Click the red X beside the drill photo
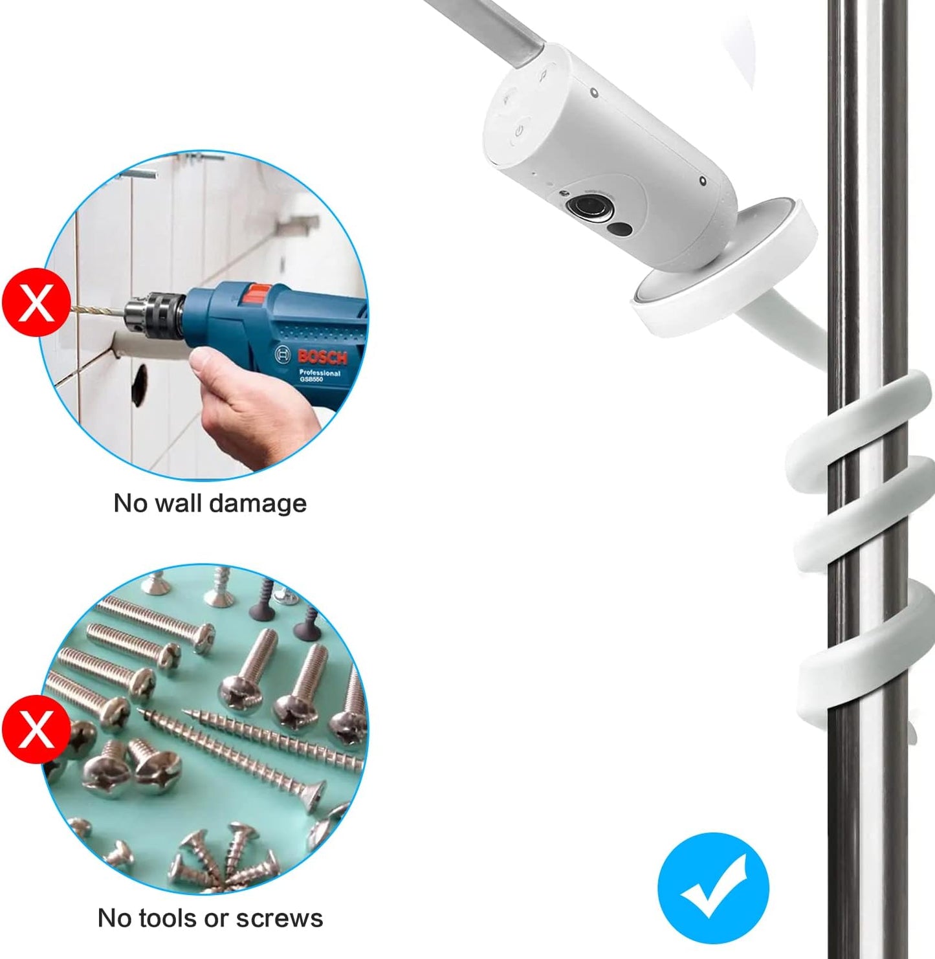[36, 302]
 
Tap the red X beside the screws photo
[36, 730]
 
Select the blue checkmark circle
[713, 888]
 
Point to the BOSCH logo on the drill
[322, 357]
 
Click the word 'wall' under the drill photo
[179, 503]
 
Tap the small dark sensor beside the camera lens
[621, 229]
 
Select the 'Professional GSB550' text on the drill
[319, 376]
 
